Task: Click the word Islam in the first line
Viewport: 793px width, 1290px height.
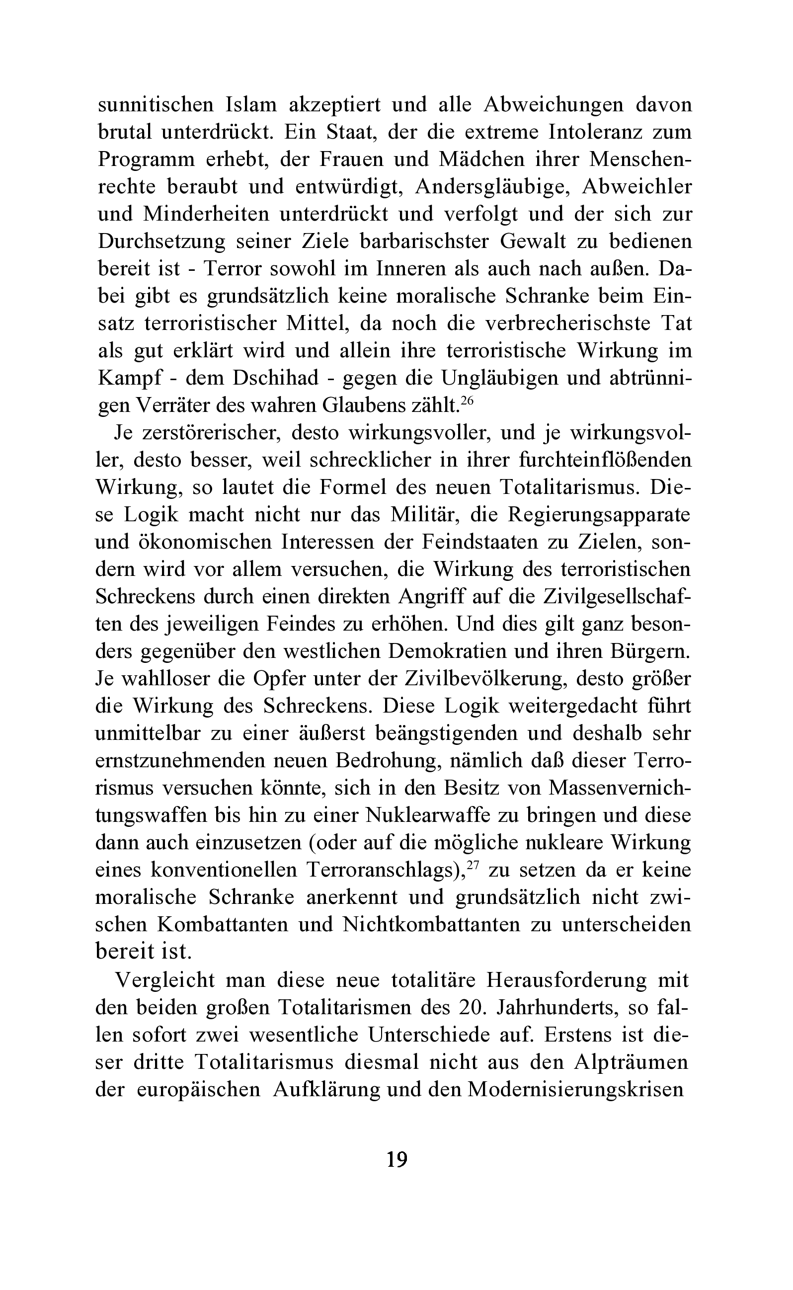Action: [251, 105]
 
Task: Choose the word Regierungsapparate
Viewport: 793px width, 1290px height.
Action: [599, 515]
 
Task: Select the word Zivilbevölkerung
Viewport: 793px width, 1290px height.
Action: [484, 679]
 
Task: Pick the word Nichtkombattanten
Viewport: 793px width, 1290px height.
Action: [431, 924]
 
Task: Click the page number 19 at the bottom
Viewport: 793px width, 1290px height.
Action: [396, 1159]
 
